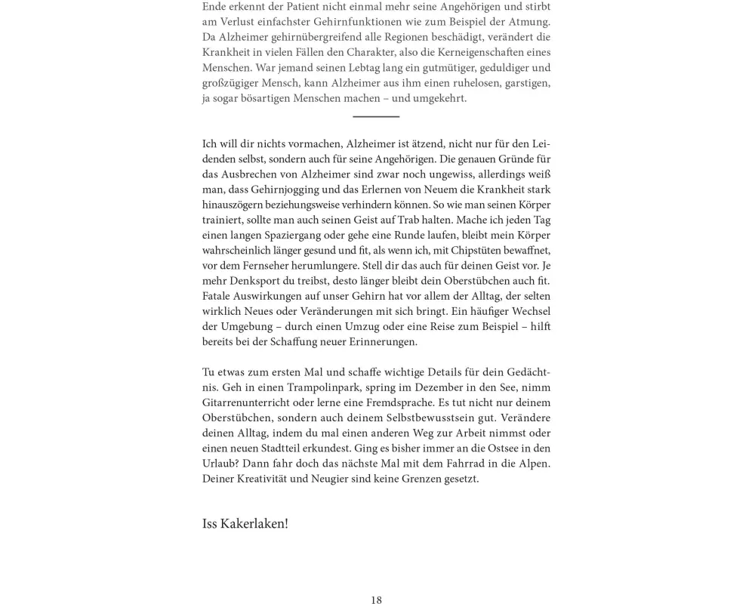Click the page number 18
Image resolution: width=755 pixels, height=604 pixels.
(x=376, y=600)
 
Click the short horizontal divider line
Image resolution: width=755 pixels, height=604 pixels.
(x=376, y=116)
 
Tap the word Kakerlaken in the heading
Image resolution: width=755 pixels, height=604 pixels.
(x=254, y=523)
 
